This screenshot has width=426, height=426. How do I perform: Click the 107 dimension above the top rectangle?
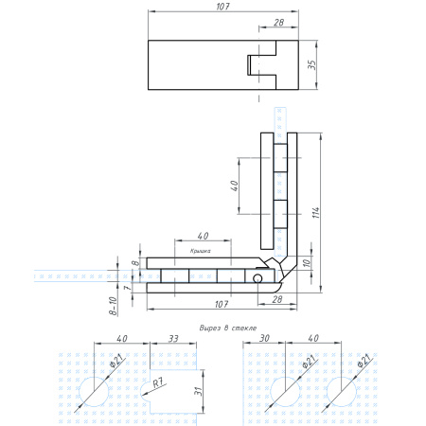[x=222, y=7]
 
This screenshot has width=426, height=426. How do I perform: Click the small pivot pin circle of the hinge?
[x=257, y=279]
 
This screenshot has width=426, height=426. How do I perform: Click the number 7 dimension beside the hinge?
[x=120, y=287]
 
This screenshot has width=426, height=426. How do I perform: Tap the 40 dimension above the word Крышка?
[x=202, y=235]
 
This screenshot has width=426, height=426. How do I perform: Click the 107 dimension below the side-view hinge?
[x=222, y=303]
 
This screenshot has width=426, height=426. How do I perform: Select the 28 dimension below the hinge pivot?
[x=277, y=298]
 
